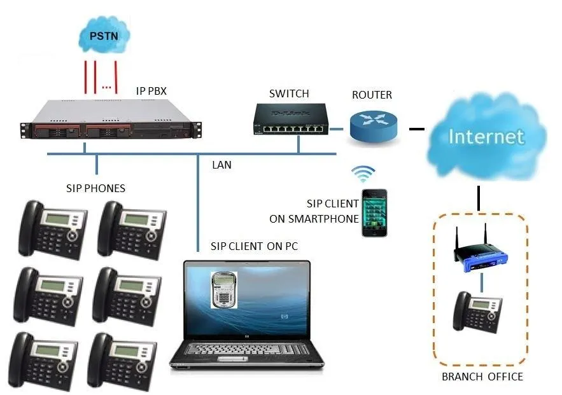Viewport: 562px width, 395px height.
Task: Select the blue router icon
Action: [373, 125]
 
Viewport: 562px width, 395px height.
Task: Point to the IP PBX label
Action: [151, 91]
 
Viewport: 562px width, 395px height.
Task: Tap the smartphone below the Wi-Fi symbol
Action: [373, 212]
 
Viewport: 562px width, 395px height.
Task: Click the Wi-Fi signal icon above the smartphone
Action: [365, 174]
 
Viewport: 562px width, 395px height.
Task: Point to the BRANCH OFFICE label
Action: [482, 377]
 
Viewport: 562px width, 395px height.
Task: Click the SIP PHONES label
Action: [95, 188]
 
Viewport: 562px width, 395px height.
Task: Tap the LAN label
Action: [221, 165]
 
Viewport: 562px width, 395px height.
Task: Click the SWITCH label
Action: [289, 94]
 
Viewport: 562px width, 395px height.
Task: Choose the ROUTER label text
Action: [372, 95]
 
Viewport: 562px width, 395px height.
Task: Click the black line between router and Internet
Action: [416, 129]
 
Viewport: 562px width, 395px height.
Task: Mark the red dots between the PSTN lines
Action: [107, 87]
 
